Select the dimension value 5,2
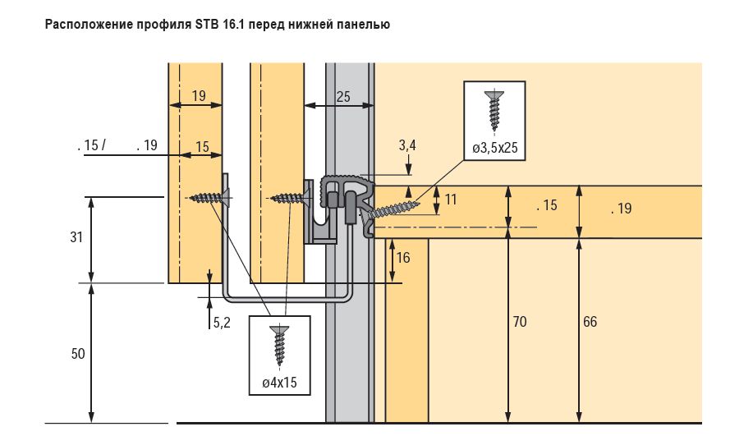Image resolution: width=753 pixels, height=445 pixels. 222,323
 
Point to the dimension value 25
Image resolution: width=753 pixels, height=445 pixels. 342,96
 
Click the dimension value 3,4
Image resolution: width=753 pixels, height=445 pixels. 407,145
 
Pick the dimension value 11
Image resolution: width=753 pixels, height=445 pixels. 452,198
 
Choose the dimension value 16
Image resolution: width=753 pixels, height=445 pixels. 402,258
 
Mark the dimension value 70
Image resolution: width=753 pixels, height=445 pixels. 519,322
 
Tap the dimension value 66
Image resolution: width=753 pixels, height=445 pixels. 590,322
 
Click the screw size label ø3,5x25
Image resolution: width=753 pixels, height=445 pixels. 494,148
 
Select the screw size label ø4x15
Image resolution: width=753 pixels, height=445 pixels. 280,382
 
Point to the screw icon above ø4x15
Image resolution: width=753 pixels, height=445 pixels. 280,344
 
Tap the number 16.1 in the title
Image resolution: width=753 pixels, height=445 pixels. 235,25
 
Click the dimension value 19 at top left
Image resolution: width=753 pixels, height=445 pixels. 199,96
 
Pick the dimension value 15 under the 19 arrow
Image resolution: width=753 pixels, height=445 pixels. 202,146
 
